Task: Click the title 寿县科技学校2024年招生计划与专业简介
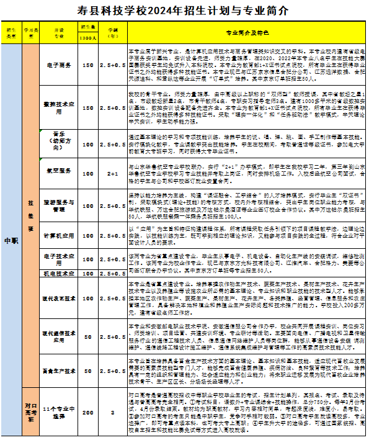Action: click(x=184, y=10)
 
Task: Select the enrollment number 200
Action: click(x=88, y=412)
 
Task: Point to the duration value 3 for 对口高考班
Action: click(x=113, y=412)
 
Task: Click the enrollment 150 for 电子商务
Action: click(x=88, y=65)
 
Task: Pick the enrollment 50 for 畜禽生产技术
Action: click(x=88, y=370)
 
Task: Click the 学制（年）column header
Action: click(x=113, y=32)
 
